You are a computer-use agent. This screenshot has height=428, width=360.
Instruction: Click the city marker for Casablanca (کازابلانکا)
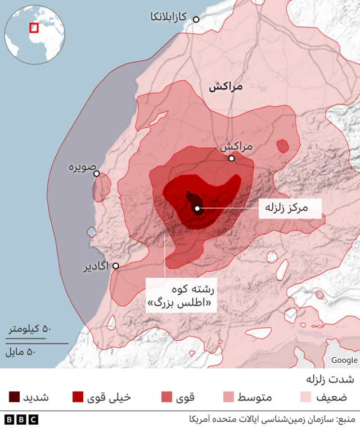tap(196, 19)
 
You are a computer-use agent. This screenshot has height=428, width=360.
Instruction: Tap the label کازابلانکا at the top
tap(168, 17)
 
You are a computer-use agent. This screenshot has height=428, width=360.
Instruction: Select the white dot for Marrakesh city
tap(231, 159)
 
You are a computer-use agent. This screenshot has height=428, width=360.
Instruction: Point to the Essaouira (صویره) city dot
tap(97, 174)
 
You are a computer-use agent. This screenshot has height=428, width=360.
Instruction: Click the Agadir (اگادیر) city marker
tap(116, 265)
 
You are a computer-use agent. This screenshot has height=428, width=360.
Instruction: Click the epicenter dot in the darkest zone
tap(197, 209)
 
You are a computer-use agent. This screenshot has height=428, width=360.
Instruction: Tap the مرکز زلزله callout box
tap(290, 208)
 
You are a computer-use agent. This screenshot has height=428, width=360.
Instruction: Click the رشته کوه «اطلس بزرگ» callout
tap(181, 297)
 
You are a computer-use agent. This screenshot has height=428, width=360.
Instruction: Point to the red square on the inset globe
tap(34, 27)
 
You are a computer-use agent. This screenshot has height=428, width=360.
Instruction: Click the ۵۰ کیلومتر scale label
tap(29, 329)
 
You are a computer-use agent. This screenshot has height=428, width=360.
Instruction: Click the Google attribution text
tap(344, 360)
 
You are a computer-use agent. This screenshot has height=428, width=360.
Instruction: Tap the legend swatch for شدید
tap(15, 397)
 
